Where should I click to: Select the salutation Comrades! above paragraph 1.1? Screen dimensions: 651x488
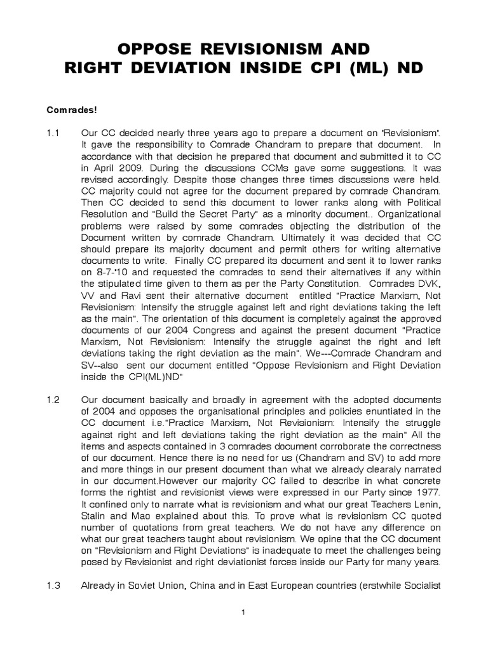coord(71,109)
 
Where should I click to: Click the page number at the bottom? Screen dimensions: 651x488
coord(243,612)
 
